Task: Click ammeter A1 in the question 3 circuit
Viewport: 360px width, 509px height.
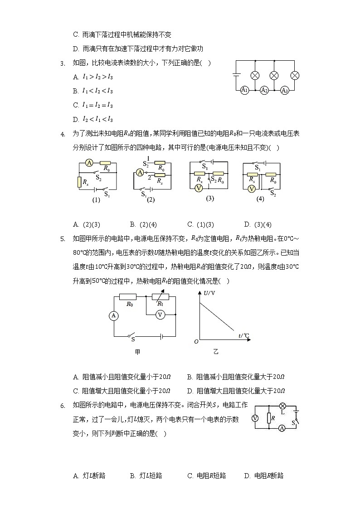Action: [x=244, y=90]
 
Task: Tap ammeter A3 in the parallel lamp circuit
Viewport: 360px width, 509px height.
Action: [x=285, y=90]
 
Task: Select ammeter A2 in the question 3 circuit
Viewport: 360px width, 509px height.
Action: [x=264, y=90]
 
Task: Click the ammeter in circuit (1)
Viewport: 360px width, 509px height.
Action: [x=90, y=163]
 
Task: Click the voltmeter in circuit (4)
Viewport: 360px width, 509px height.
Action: [x=253, y=190]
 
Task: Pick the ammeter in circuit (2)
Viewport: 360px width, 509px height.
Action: [x=140, y=172]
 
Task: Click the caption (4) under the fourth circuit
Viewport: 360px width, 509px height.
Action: [x=260, y=199]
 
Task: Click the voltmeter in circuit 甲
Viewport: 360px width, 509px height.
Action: [x=160, y=315]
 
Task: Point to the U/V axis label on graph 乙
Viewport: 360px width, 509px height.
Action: [x=209, y=294]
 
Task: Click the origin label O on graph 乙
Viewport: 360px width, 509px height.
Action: [x=196, y=341]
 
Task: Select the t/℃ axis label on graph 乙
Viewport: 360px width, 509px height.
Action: [x=244, y=335]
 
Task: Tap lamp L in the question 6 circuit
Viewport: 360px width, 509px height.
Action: [x=282, y=406]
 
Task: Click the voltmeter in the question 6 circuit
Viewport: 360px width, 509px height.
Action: [x=255, y=418]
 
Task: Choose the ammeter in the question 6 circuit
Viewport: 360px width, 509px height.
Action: [x=282, y=428]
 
